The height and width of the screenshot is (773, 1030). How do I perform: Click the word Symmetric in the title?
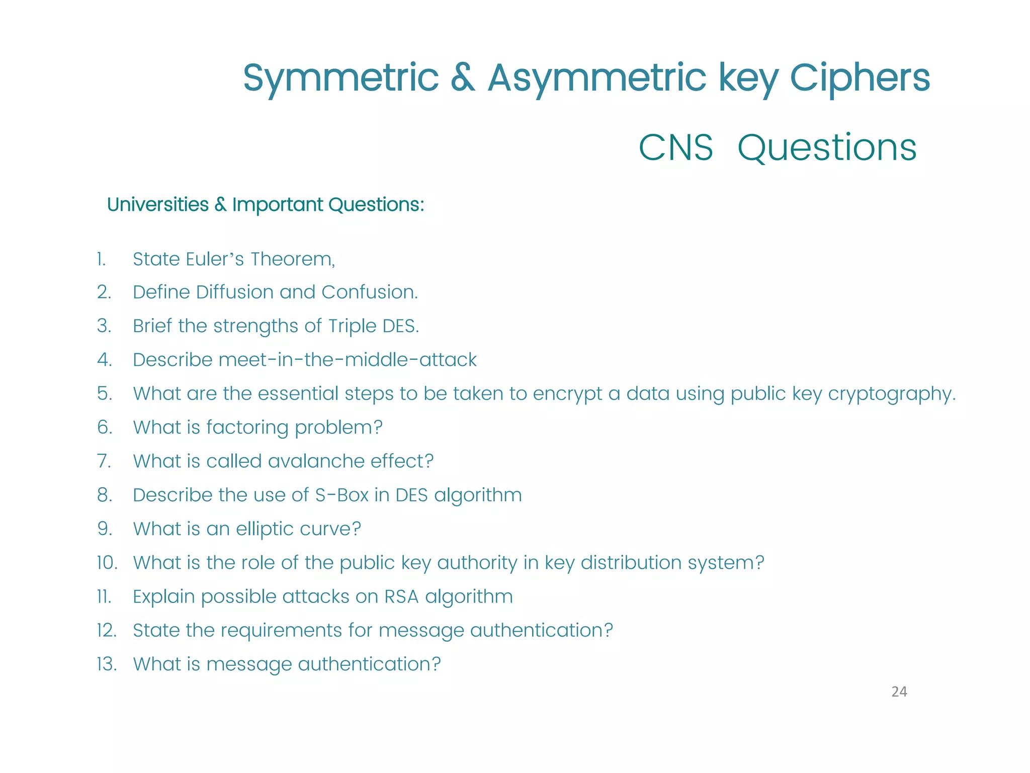point(340,78)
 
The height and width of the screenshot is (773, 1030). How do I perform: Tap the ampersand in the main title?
point(463,78)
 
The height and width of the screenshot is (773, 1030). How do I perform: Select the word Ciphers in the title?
point(860,78)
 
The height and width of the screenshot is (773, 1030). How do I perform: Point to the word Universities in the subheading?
point(157,205)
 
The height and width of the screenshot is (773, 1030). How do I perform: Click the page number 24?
point(899,692)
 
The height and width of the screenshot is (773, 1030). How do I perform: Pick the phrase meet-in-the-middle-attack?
point(347,360)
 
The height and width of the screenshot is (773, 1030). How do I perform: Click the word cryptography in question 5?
point(891,394)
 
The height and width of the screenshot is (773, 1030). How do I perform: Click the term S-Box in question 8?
point(342,495)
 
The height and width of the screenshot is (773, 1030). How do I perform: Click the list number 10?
point(107,563)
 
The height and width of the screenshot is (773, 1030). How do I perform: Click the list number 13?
point(107,664)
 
